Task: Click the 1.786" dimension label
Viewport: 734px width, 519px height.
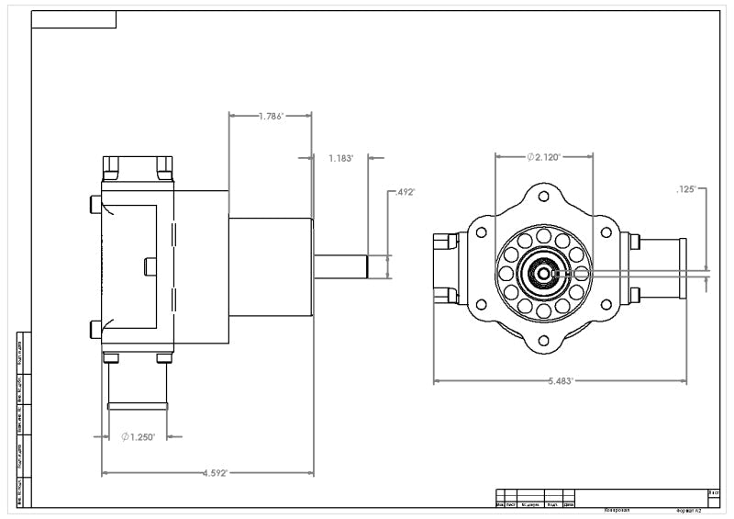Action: pyautogui.click(x=271, y=117)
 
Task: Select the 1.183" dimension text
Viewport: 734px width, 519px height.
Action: pyautogui.click(x=340, y=158)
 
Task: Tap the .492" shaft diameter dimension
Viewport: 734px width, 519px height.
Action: pyautogui.click(x=405, y=193)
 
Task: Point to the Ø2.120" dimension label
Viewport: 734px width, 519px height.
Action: pyautogui.click(x=544, y=157)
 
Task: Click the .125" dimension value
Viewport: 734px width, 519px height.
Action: pyautogui.click(x=687, y=189)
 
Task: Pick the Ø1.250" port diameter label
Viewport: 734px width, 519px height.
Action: pyautogui.click(x=139, y=437)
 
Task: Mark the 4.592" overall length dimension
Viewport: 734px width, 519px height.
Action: pyautogui.click(x=215, y=474)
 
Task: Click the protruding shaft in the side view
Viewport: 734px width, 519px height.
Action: pyautogui.click(x=340, y=265)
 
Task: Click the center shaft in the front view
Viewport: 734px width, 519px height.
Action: pyautogui.click(x=544, y=273)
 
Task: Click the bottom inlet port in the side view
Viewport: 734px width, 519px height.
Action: pyautogui.click(x=138, y=383)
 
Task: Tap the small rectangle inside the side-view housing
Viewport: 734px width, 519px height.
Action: pyautogui.click(x=151, y=265)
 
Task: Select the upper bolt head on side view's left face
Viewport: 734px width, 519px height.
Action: pyautogui.click(x=95, y=204)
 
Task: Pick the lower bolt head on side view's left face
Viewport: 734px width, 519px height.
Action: pyautogui.click(x=95, y=329)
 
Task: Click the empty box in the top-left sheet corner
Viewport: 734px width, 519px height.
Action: pyautogui.click(x=74, y=20)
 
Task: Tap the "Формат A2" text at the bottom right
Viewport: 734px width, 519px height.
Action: pyautogui.click(x=688, y=509)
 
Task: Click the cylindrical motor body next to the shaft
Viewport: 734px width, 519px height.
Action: pyautogui.click(x=271, y=265)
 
